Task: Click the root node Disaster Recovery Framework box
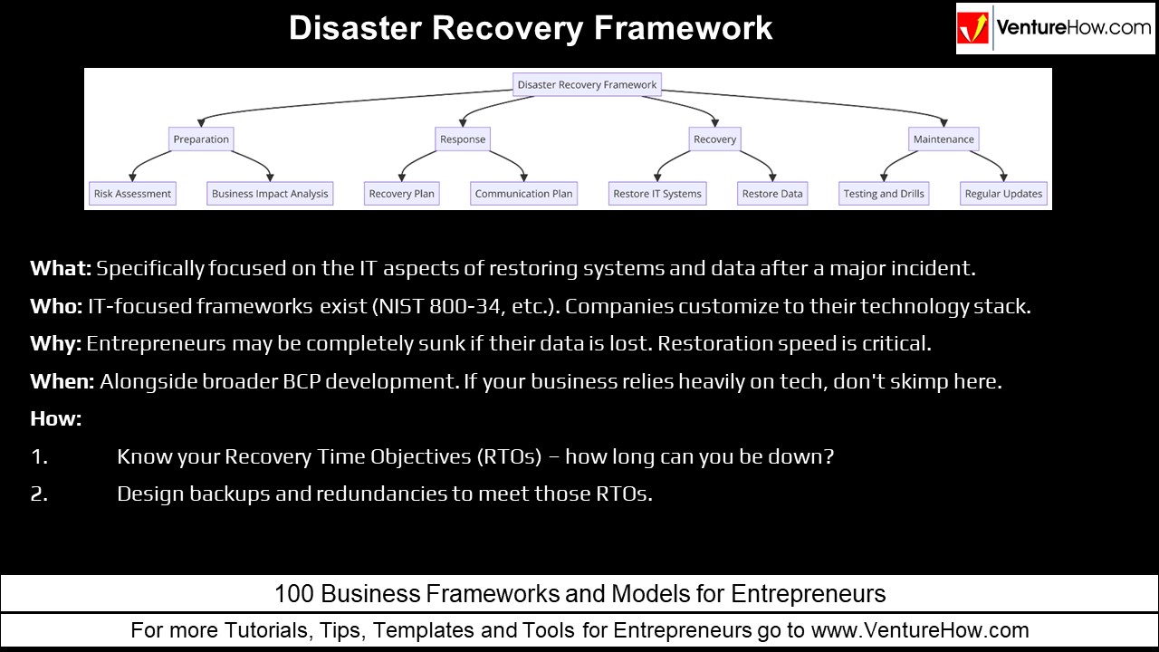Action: click(587, 85)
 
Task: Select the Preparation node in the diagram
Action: click(201, 139)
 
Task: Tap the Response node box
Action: click(463, 139)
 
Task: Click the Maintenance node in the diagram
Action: click(943, 139)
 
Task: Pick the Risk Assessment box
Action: click(132, 194)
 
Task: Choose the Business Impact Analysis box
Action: click(270, 194)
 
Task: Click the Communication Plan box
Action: click(523, 194)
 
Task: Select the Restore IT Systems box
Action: click(657, 194)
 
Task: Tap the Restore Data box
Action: click(772, 194)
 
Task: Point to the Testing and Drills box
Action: click(884, 194)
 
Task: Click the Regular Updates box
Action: click(1003, 194)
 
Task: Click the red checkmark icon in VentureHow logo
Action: click(974, 29)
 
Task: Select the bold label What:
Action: click(61, 269)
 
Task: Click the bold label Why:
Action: click(56, 344)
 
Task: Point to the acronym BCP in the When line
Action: click(302, 382)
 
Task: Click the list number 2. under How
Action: click(39, 494)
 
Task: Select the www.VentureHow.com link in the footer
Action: click(920, 630)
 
